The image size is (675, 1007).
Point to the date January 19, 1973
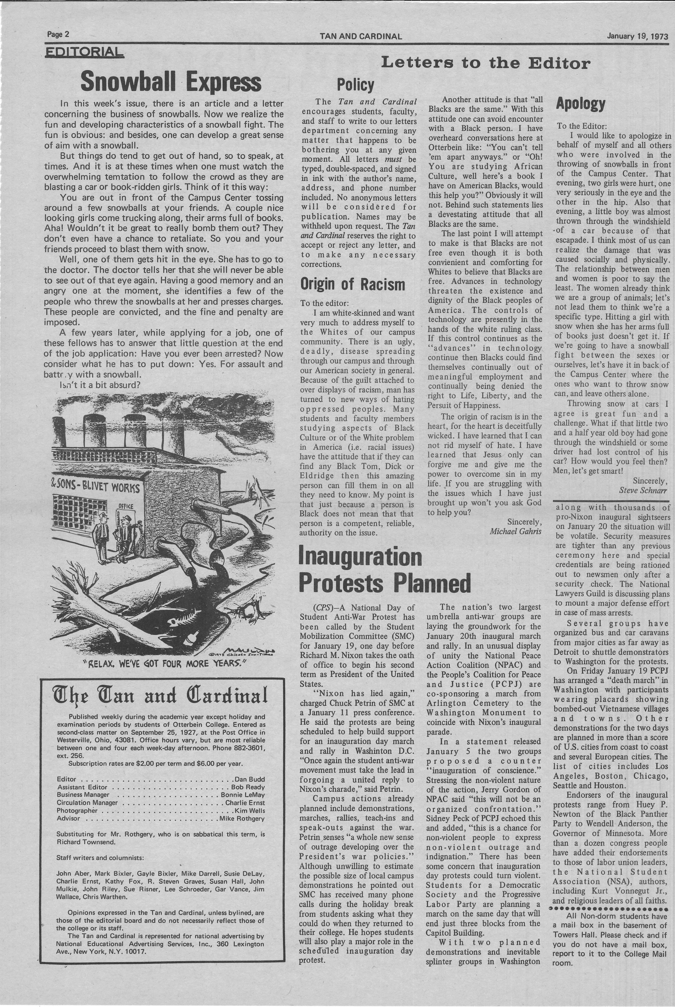tap(637, 36)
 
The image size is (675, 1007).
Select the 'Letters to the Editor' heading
tap(486, 63)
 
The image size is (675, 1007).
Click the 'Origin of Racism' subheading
tap(352, 285)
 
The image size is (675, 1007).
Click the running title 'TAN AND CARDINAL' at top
tap(361, 37)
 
